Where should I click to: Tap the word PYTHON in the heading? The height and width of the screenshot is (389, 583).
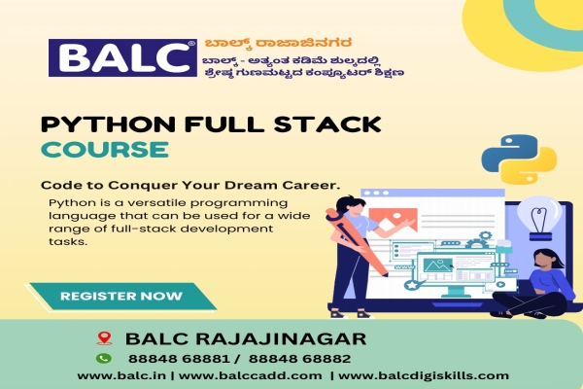[92, 125]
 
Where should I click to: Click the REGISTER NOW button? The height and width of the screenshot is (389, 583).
[120, 295]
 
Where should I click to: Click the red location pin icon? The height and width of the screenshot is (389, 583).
[105, 338]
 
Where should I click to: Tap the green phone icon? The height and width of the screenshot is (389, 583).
[105, 358]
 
